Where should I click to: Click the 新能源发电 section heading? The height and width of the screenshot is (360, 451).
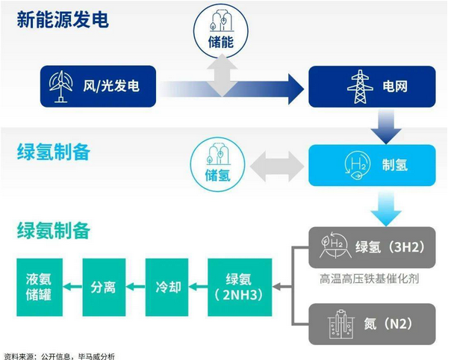pyautogui.click(x=63, y=19)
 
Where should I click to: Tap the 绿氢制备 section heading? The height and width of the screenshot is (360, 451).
pyautogui.click(x=53, y=152)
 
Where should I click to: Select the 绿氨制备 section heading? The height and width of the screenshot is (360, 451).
pyautogui.click(x=53, y=231)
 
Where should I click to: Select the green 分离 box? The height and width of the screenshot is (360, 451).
pyautogui.click(x=104, y=287)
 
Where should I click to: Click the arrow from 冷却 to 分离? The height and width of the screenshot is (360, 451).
pyautogui.click(x=136, y=287)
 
